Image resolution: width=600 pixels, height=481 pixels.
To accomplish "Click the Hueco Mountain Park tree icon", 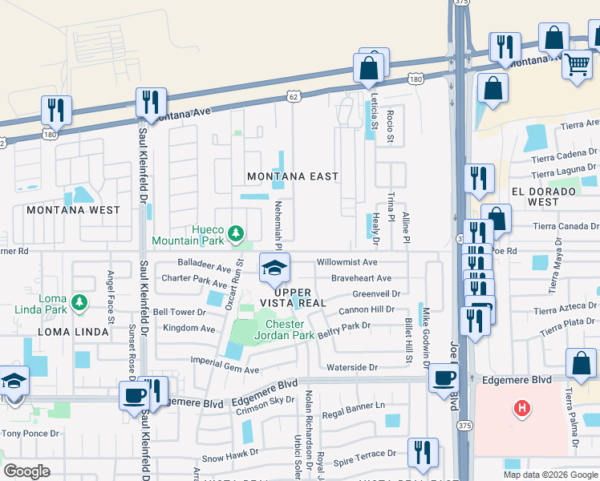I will pos(235,233).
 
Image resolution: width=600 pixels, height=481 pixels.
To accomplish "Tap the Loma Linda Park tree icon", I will pos(79,302).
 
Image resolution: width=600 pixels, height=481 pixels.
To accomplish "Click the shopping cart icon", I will pos(577,65).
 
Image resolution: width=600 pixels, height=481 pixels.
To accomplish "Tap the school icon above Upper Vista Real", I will pos(274,268).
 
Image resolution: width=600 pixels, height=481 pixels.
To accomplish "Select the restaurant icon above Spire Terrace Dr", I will pos(422,452).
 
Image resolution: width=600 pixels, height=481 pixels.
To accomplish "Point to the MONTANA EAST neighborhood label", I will pos(292,176).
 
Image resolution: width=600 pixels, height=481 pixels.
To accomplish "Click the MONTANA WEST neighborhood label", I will pos(73,210).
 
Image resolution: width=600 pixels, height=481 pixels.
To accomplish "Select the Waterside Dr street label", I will pos(351,367).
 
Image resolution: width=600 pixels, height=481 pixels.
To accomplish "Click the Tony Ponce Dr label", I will pos(30,434).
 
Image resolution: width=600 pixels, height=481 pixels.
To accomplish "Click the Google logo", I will pos(27,471).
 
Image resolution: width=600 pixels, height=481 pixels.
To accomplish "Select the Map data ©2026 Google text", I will pos(550,475).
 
